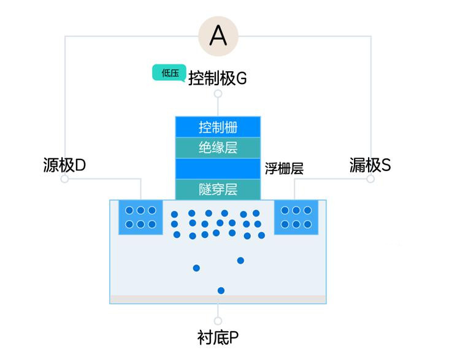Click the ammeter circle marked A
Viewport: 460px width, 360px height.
(x=218, y=36)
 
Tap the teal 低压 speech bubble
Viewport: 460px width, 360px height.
(x=169, y=72)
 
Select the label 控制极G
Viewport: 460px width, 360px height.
(x=217, y=78)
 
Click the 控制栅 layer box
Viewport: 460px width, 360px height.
(x=218, y=127)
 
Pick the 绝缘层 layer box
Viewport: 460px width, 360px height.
(x=218, y=148)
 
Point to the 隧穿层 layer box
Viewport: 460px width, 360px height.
(x=218, y=190)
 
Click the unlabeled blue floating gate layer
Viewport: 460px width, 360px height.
(x=218, y=169)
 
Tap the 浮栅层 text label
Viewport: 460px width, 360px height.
(x=284, y=169)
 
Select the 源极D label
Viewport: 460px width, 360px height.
(x=64, y=165)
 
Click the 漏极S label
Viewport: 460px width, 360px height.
(x=370, y=165)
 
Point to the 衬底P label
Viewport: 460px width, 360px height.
(x=218, y=338)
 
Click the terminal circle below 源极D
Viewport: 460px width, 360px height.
(x=64, y=178)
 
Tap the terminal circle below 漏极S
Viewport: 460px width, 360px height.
(x=370, y=178)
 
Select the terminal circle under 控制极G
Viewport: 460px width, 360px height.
(x=218, y=94)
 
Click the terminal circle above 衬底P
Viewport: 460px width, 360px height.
(x=218, y=321)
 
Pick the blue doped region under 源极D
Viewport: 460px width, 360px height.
(x=140, y=217)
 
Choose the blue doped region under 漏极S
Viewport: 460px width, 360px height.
(x=296, y=217)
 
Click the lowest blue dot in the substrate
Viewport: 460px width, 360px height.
(x=221, y=291)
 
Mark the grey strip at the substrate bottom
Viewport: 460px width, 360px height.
(x=218, y=299)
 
